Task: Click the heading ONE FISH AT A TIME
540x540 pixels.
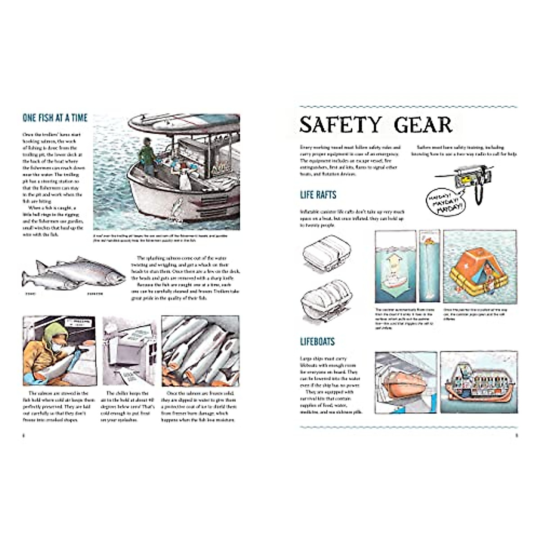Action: click(55, 118)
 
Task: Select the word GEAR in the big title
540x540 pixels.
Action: click(423, 125)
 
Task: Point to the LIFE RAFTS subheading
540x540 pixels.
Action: click(318, 195)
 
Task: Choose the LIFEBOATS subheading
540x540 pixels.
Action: click(317, 342)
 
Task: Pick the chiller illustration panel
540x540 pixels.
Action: click(129, 351)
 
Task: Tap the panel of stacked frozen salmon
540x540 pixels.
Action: click(201, 351)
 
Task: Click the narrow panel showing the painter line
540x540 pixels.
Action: click(429, 265)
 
